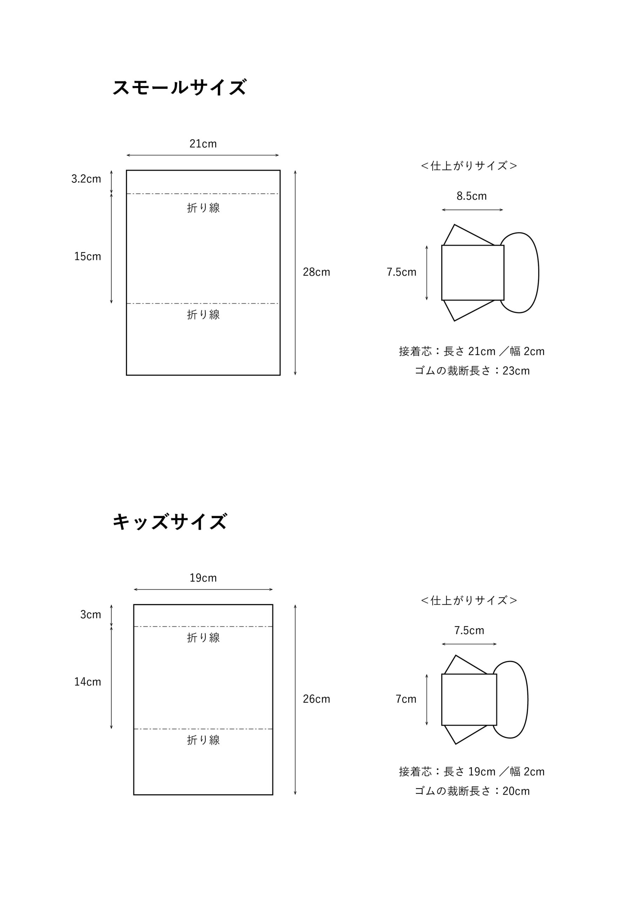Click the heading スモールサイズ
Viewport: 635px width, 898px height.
click(x=180, y=87)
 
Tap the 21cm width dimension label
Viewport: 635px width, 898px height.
click(x=203, y=144)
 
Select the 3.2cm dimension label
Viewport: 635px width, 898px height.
click(x=86, y=179)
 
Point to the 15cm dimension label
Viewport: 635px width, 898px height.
click(x=88, y=256)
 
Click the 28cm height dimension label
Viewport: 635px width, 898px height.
click(x=316, y=272)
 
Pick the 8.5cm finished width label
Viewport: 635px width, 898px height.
click(x=472, y=196)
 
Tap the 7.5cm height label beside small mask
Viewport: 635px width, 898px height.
click(x=401, y=272)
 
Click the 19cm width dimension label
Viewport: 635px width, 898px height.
click(x=203, y=578)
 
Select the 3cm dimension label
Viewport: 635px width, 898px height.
click(x=91, y=615)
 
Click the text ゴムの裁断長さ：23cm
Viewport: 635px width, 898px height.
click(x=472, y=371)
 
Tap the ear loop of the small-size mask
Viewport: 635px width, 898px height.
click(x=539, y=273)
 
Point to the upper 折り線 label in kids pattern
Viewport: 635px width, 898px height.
click(x=203, y=638)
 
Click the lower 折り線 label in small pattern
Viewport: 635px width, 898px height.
click(x=203, y=315)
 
